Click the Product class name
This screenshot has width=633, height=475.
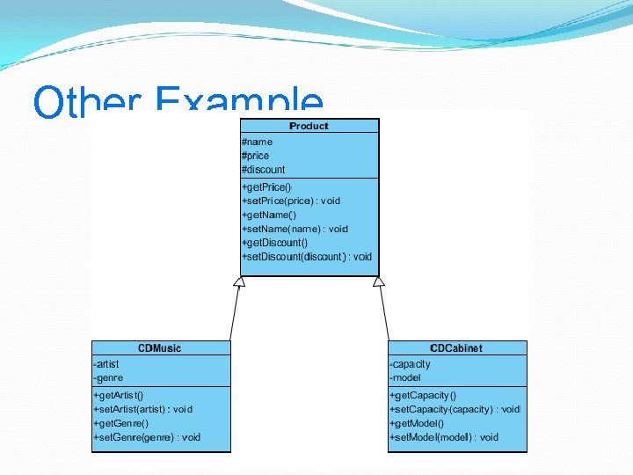tap(309, 126)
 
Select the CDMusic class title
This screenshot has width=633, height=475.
tap(159, 348)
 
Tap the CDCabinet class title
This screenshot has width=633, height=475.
tap(456, 348)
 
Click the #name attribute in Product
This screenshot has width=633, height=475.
tap(257, 142)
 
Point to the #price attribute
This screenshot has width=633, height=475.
tap(256, 156)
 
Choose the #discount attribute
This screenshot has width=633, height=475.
tap(263, 170)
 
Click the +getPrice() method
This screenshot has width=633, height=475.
tap(266, 187)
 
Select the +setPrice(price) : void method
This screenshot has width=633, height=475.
tap(290, 201)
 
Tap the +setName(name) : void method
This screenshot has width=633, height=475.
tap(294, 229)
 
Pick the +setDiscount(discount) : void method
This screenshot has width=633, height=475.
tap(306, 257)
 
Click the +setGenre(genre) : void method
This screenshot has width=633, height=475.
tap(146, 437)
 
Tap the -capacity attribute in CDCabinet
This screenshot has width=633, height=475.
tap(410, 364)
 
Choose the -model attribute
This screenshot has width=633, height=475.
tap(405, 378)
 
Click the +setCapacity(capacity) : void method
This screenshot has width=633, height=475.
tap(455, 410)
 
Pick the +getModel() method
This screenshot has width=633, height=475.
tap(417, 423)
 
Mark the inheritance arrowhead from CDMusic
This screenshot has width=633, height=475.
tap(238, 281)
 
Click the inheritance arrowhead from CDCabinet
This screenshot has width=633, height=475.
tap(379, 281)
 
